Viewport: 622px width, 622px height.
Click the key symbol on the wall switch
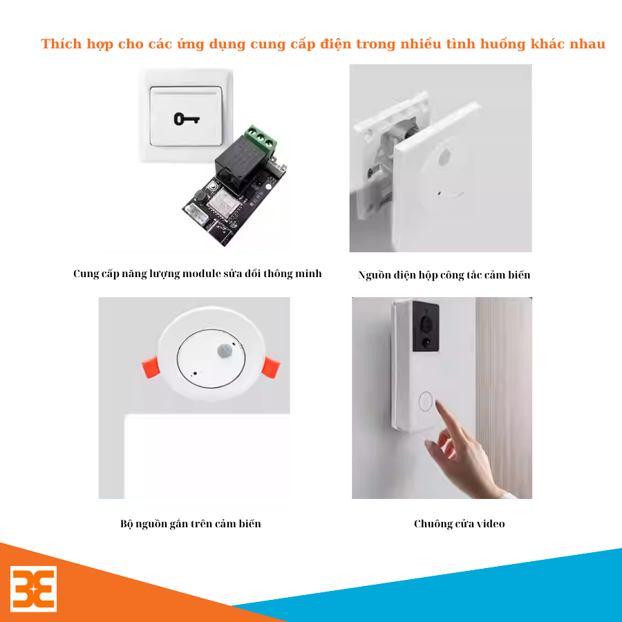[x=187, y=119]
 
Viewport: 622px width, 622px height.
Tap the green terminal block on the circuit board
[x=261, y=139]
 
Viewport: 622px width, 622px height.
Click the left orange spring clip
[x=151, y=368]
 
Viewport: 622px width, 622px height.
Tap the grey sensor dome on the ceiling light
[x=225, y=350]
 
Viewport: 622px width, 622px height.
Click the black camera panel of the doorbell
[x=426, y=327]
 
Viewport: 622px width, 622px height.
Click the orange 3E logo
[x=33, y=589]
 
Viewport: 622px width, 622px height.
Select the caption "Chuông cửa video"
[x=460, y=524]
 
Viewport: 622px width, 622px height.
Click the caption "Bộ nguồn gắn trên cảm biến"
[x=191, y=524]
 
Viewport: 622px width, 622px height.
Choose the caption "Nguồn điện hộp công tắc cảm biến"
[x=444, y=275]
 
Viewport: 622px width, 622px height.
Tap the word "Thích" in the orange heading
[x=61, y=44]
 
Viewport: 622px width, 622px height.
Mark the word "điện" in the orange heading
[x=336, y=44]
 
